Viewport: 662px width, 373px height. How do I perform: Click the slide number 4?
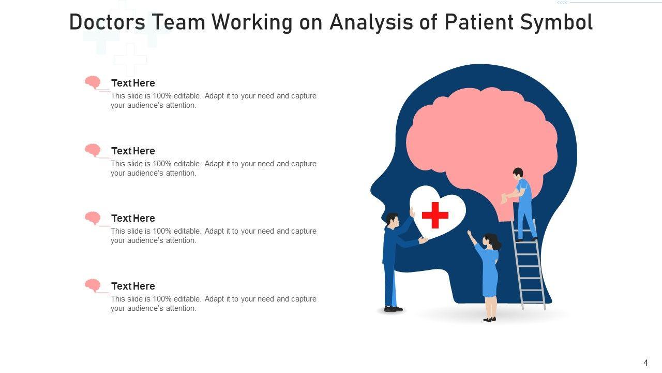(x=645, y=363)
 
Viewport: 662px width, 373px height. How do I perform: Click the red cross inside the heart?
(x=435, y=215)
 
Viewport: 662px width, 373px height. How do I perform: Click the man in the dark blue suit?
(x=391, y=259)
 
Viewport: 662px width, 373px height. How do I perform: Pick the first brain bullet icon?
(x=93, y=82)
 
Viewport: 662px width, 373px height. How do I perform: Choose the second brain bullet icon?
(x=93, y=150)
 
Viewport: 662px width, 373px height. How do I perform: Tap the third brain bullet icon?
(x=93, y=218)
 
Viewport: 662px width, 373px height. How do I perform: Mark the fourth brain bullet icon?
(x=93, y=285)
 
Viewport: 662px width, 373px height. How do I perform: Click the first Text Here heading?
(x=133, y=83)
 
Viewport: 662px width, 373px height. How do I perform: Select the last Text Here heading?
(x=133, y=286)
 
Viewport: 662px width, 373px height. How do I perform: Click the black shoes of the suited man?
(x=393, y=309)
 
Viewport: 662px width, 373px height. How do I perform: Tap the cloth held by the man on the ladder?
(x=504, y=198)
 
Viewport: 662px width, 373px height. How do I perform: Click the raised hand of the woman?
(x=469, y=234)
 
